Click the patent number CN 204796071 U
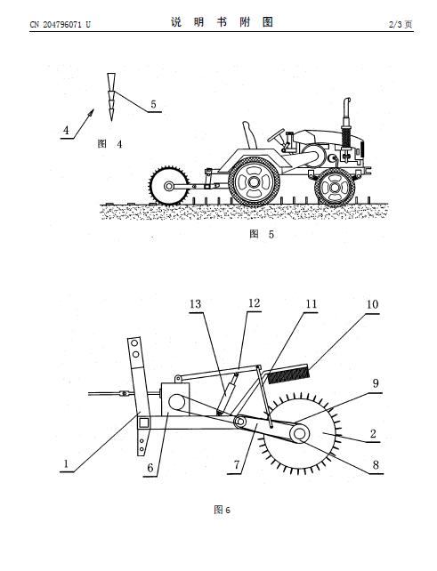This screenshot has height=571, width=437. (61, 24)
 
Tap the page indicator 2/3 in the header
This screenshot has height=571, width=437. (396, 24)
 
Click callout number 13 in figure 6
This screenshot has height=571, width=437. (195, 303)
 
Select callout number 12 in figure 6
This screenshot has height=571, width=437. (254, 303)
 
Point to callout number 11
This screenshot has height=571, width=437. (311, 303)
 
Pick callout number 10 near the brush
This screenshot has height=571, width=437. (373, 304)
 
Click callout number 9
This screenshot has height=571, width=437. (376, 383)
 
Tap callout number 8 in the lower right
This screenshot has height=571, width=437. (376, 464)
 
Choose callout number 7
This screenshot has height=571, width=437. (237, 464)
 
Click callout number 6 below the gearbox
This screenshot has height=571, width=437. (150, 468)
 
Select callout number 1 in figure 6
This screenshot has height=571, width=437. (66, 463)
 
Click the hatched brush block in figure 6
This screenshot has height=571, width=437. (289, 374)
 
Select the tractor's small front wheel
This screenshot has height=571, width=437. (335, 188)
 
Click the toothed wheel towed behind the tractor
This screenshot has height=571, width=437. (169, 186)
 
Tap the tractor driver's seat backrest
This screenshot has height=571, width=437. (249, 135)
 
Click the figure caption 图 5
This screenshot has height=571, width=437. (262, 234)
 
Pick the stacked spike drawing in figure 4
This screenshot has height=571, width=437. (111, 97)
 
